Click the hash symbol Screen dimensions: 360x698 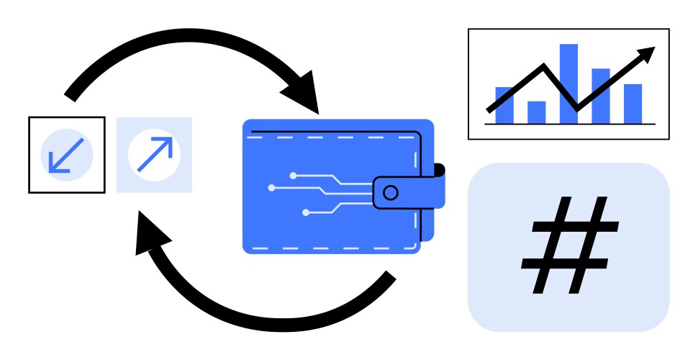[569, 246]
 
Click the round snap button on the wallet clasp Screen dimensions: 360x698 [390, 192]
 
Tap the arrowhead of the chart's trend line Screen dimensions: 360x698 [647, 54]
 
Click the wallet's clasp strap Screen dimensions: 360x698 [407, 192]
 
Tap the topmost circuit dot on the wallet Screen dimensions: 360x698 [293, 175]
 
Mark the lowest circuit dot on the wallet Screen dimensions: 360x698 [306, 212]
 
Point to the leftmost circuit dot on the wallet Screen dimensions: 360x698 [271, 188]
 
